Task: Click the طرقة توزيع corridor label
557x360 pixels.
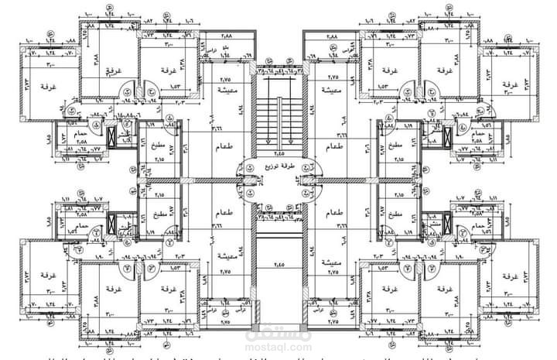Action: pyautogui.click(x=278, y=166)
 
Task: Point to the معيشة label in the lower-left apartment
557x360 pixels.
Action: pyautogui.click(x=227, y=255)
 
